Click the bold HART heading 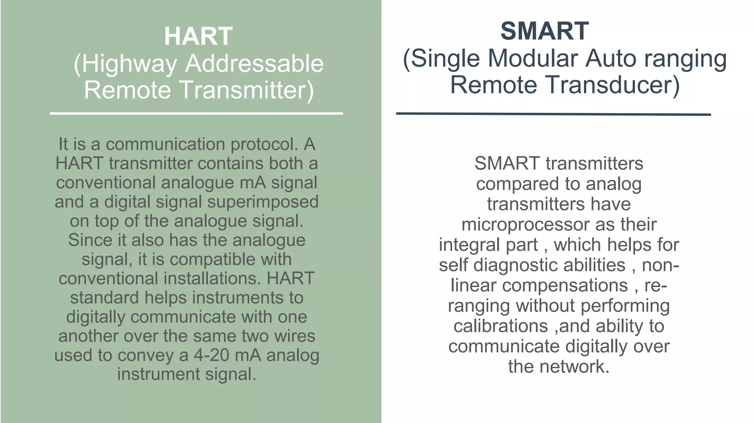coord(198,36)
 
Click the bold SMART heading coord(545,31)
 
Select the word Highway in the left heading coord(129,64)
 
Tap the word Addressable coord(254,64)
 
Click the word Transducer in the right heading coord(611,85)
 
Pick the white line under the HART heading coord(196,113)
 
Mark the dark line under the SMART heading coord(553,114)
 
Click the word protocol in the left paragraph coord(264,144)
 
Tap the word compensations coord(565,285)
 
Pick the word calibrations coord(500,326)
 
